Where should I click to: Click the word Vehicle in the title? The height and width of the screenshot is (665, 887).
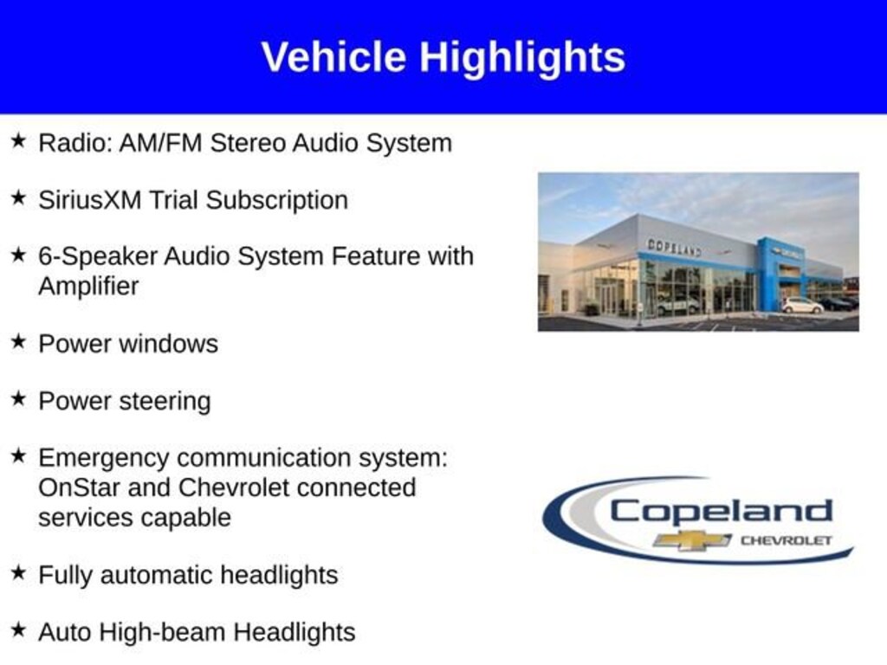333,57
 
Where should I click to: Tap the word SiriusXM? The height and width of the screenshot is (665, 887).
90,200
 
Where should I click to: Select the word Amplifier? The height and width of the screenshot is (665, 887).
88,286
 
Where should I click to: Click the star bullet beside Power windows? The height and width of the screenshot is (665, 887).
19,342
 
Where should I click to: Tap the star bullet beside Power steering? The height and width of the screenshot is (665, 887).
19,398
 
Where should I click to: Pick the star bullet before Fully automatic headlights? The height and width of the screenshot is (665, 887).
19,573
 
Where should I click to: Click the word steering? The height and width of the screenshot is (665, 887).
165,403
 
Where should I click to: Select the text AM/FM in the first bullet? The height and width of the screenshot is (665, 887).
160,143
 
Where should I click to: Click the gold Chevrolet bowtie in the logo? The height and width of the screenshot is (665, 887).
692,540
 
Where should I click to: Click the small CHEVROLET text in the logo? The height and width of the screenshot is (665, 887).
787,540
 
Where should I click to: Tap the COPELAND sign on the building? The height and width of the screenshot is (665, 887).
674,248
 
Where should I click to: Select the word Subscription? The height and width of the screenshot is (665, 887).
276,201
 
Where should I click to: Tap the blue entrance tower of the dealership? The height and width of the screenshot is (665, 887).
780,274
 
